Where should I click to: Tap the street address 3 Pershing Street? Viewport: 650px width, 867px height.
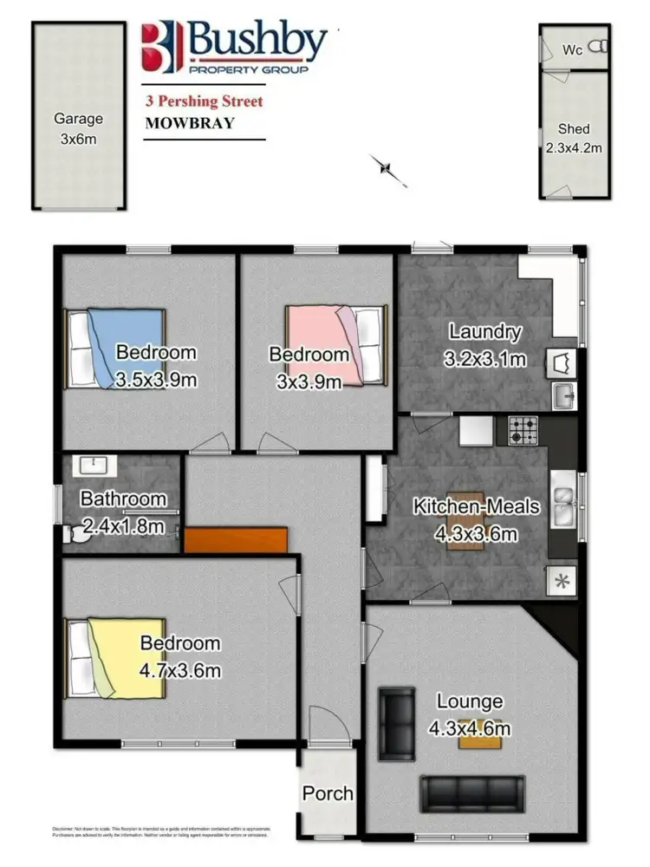pos(204,101)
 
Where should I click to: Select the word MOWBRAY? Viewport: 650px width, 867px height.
pos(189,122)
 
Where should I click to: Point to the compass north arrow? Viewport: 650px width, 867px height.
pos(387,168)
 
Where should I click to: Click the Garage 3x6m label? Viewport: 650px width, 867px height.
pos(78,127)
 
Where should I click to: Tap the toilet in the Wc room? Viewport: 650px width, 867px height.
pos(597,49)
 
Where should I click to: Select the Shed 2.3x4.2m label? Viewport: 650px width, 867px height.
pos(574,139)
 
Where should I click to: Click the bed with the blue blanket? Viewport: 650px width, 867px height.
pos(116,348)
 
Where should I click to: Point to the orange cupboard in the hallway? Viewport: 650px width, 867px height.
pos(236,539)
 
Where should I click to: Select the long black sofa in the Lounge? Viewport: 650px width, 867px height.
pos(472,792)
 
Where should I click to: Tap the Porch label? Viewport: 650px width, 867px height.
pos(328,793)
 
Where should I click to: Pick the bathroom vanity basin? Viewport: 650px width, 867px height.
pos(90,466)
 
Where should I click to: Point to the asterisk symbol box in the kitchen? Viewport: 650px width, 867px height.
pos(562,581)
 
